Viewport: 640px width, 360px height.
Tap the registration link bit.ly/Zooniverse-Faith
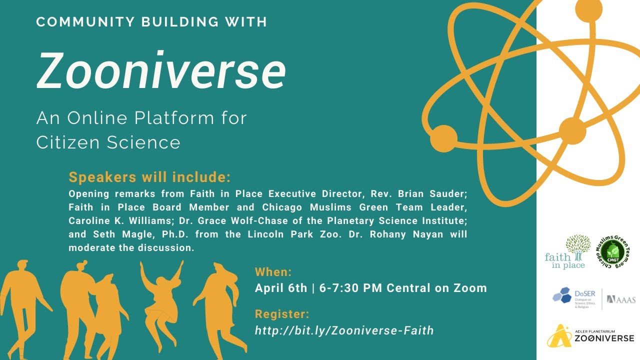click(x=344, y=330)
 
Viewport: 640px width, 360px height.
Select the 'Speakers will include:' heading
click(x=149, y=177)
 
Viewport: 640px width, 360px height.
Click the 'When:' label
click(x=273, y=272)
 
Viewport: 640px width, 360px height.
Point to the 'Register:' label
click(x=282, y=314)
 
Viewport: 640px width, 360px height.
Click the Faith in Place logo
click(x=565, y=252)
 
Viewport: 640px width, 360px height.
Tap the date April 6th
click(x=281, y=288)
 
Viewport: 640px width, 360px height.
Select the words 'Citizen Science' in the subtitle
click(x=108, y=142)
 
